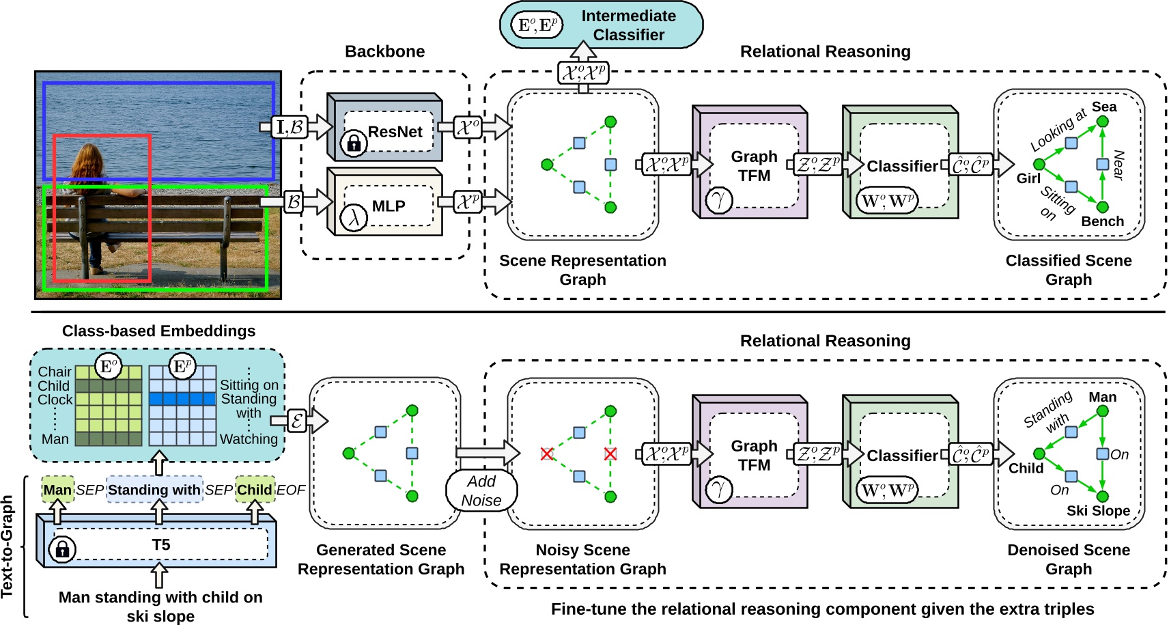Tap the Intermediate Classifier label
click(x=628, y=25)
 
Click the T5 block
click(x=160, y=545)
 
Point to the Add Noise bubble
click(x=481, y=490)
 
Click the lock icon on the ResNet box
click(x=354, y=143)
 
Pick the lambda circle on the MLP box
click(x=354, y=218)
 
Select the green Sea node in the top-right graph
click(x=1102, y=122)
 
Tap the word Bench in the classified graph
click(x=1102, y=221)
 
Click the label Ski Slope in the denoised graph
click(x=1098, y=511)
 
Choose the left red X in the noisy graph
click(x=546, y=454)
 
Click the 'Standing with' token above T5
click(x=154, y=490)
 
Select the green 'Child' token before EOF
click(x=255, y=490)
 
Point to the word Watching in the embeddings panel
click(x=249, y=439)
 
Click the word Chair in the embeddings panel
click(x=55, y=372)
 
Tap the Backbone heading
click(x=384, y=51)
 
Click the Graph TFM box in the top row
click(x=754, y=165)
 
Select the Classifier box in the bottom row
click(x=902, y=456)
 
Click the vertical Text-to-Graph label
click(x=8, y=546)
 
